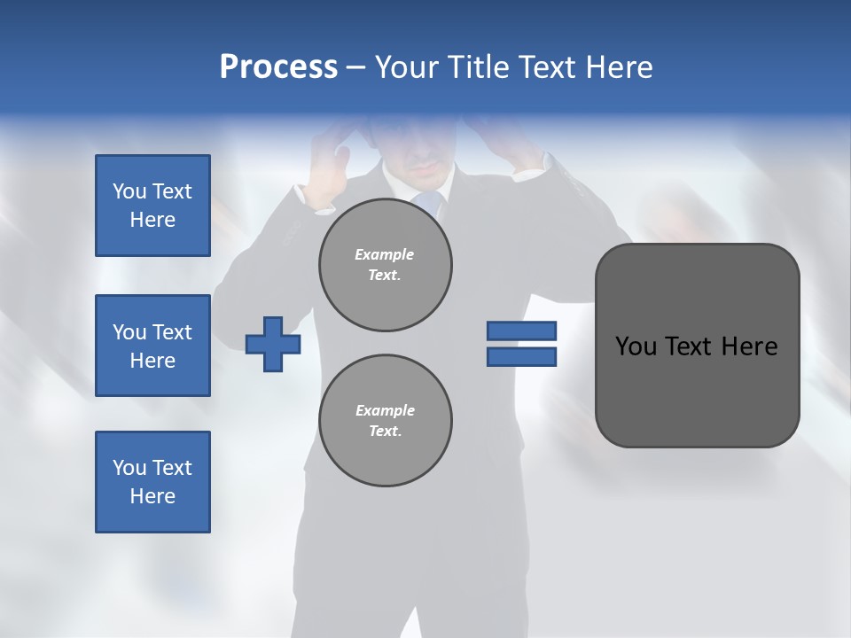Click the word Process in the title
point(278,67)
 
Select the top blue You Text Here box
point(152,206)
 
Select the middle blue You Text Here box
point(152,346)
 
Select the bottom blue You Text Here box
point(152,482)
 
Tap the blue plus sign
point(273,344)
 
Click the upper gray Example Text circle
point(385,265)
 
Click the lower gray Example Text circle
point(385,421)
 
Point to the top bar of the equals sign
point(521,331)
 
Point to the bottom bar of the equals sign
point(521,356)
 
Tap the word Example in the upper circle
point(385,254)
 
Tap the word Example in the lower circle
point(385,410)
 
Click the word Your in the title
point(406,67)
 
